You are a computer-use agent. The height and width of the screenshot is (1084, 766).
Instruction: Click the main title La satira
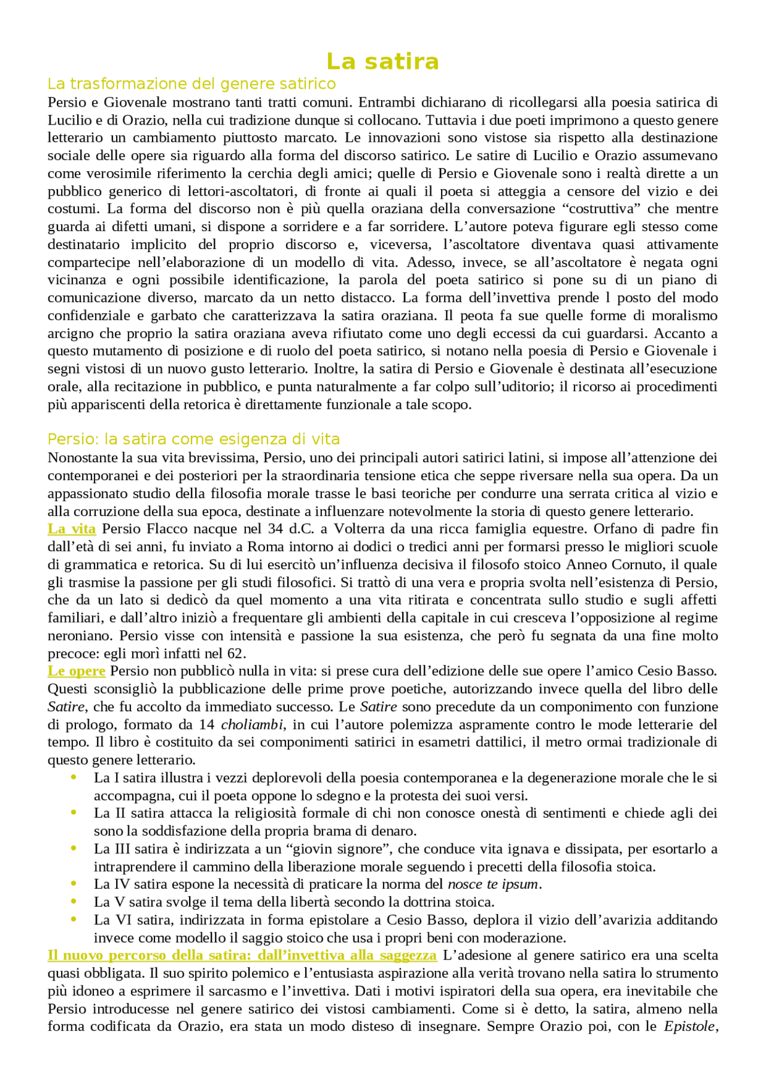382,62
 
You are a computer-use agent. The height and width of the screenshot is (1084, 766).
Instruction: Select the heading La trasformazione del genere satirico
191,83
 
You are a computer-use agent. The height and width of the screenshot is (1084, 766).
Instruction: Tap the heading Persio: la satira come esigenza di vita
193,439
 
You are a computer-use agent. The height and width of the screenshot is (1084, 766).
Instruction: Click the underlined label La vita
72,529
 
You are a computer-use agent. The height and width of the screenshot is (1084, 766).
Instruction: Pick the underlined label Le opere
77,671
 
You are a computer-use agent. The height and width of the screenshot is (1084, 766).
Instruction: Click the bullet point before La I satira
74,778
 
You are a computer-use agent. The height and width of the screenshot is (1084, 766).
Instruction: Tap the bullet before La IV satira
74,884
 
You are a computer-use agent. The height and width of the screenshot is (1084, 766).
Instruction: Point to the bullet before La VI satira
74,919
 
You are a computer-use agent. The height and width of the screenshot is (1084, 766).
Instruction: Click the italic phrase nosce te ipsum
494,884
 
